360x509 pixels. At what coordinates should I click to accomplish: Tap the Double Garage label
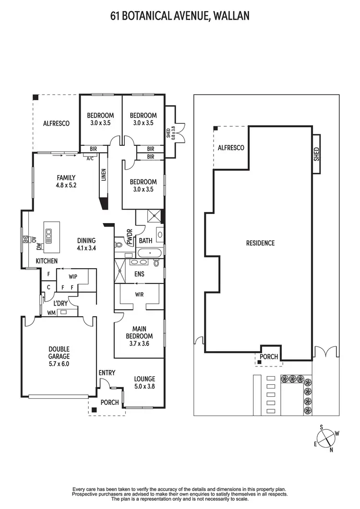coord(59,353)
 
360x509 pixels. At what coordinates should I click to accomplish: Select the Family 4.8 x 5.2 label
coord(66,181)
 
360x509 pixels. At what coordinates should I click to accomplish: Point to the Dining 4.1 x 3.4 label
coord(86,244)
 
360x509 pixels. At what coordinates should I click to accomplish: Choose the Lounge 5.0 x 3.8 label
coord(144,382)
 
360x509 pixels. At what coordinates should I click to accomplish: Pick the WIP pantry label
coord(73,277)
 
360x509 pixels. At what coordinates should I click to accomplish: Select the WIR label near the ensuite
coord(140,294)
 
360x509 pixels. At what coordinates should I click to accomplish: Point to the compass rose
coord(326,438)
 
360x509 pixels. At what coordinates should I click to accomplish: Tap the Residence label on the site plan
coord(260,243)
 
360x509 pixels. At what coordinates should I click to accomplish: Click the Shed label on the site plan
coord(316,154)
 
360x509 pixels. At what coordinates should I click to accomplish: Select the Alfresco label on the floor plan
coord(56,123)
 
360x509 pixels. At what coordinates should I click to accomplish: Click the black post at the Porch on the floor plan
coord(94,409)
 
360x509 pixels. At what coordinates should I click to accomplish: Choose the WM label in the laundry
coord(51,313)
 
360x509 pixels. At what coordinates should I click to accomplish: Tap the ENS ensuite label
coord(139,274)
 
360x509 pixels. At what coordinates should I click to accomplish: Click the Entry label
coord(107,373)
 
